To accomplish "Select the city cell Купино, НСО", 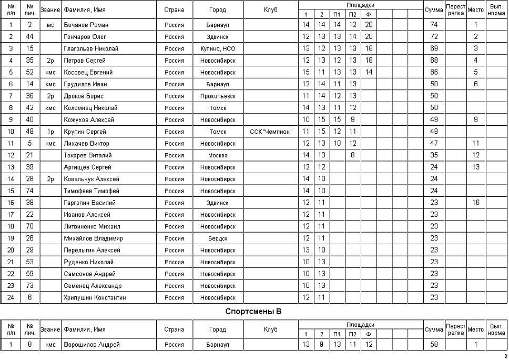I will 218,48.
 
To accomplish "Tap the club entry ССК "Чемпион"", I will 271,132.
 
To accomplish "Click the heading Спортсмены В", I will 253,312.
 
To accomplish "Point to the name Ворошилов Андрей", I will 91,345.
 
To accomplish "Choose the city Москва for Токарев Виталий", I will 218,155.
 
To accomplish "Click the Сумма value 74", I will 434,25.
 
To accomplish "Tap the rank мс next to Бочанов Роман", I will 50,25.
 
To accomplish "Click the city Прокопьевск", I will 218,96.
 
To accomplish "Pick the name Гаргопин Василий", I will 88,203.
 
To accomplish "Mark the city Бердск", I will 218,238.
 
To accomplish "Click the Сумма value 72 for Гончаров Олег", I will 434,36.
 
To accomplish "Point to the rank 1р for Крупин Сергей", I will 50,132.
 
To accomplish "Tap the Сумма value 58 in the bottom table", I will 434,345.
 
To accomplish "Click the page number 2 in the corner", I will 505,356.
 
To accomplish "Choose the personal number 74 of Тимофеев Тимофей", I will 30,191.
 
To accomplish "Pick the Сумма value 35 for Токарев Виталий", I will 434,155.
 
